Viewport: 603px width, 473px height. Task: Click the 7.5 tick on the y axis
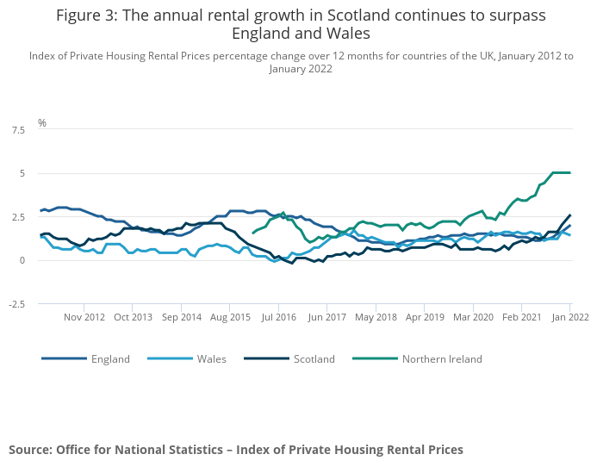(x=18, y=130)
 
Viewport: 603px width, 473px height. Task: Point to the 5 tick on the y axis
(x=22, y=173)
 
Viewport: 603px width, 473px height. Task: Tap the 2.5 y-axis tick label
(x=18, y=217)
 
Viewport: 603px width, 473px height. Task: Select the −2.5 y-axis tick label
(x=16, y=304)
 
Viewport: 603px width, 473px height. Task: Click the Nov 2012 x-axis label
(x=84, y=317)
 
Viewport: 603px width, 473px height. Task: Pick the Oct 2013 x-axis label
(x=133, y=317)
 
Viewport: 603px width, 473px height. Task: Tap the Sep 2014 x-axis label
(x=181, y=317)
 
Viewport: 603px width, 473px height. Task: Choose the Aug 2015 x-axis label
(x=230, y=317)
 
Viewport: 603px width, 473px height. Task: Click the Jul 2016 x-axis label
(x=279, y=317)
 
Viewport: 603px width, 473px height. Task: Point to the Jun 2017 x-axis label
(x=327, y=317)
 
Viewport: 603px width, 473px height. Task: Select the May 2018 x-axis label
(x=376, y=317)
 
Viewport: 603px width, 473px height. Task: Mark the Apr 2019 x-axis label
(x=425, y=317)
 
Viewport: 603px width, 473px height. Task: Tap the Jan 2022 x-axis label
(x=570, y=317)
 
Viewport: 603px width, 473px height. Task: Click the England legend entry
(x=110, y=358)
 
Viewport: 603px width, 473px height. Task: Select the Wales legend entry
(x=211, y=358)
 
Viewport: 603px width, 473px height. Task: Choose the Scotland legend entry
(x=314, y=358)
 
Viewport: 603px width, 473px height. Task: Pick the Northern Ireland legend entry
(x=442, y=358)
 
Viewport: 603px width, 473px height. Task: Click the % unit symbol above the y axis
(x=42, y=123)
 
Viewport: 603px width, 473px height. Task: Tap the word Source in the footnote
(x=30, y=450)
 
